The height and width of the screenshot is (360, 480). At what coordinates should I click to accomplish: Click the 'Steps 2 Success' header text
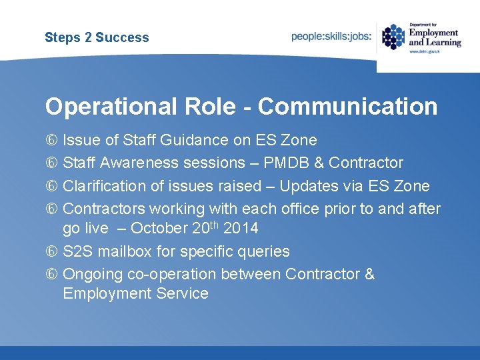coord(97,37)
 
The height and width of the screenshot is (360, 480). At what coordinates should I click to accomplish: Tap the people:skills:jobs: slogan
coord(331,37)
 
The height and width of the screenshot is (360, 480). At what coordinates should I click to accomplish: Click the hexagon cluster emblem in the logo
coord(393,37)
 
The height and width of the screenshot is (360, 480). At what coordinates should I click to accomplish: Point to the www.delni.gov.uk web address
coord(425,51)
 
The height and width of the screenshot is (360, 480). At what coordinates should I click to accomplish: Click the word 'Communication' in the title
coord(347,107)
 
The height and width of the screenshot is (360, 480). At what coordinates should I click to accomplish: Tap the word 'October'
coord(159,228)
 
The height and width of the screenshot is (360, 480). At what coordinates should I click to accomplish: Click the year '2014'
coord(241,228)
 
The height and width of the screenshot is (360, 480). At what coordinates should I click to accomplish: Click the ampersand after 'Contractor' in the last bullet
coord(369,274)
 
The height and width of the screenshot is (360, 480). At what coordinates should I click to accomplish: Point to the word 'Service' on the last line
coord(181,293)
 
